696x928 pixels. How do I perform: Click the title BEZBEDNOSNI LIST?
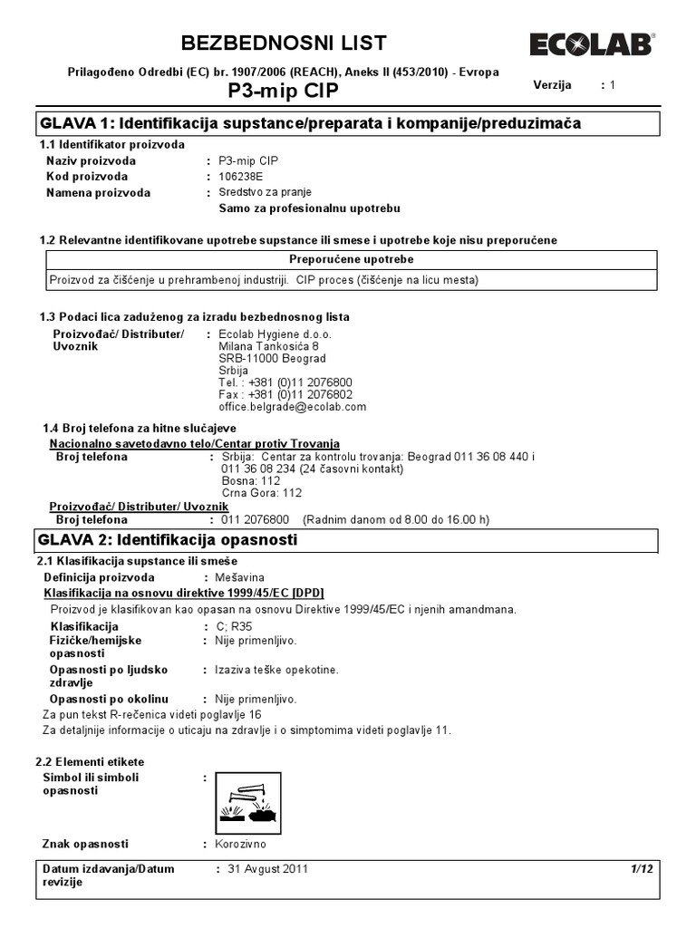pyautogui.click(x=285, y=43)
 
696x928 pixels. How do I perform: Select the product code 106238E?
pyautogui.click(x=241, y=177)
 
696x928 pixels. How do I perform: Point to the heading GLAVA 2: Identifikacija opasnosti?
pyautogui.click(x=168, y=540)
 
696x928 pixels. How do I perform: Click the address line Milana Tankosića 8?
pyautogui.click(x=268, y=346)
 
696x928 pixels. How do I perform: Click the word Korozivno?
pyautogui.click(x=240, y=844)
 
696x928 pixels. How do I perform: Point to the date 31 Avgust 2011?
pyautogui.click(x=267, y=869)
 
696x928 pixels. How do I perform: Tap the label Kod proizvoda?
pyautogui.click(x=87, y=177)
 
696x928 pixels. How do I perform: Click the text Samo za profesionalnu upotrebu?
pyautogui.click(x=309, y=208)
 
